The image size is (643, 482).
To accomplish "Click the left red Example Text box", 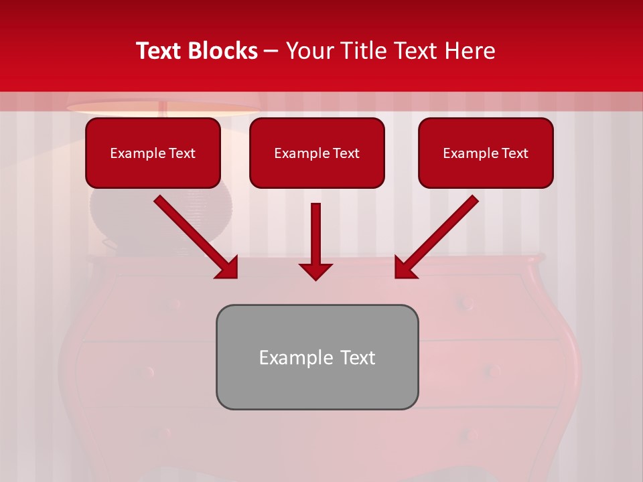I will pyautogui.click(x=153, y=153).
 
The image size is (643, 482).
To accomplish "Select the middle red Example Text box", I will pyautogui.click(x=317, y=153).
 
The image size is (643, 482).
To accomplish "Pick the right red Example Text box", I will pyautogui.click(x=486, y=153).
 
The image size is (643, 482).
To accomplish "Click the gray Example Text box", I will pyautogui.click(x=317, y=357).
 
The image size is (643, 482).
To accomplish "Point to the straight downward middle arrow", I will pyautogui.click(x=315, y=234).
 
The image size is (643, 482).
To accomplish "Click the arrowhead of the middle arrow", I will pyautogui.click(x=315, y=270).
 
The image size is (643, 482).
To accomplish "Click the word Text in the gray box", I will pyautogui.click(x=357, y=357).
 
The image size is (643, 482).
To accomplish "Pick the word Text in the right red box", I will pyautogui.click(x=514, y=153).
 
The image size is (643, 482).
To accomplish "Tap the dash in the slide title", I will pyautogui.click(x=271, y=52).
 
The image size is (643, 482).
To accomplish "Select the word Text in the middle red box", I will pyautogui.click(x=346, y=153).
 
